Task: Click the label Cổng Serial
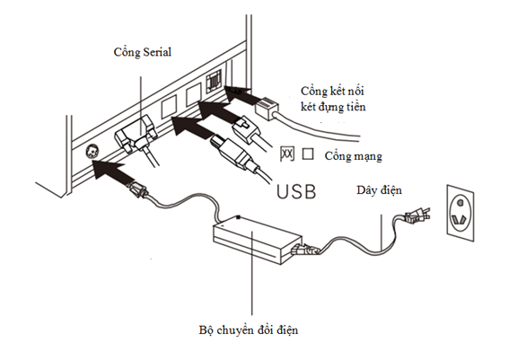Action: tap(143, 52)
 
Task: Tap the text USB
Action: tap(296, 191)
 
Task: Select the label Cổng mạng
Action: tap(353, 156)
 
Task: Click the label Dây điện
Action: tap(379, 190)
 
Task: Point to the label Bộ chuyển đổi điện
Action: tap(249, 330)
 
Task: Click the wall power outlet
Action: tap(460, 213)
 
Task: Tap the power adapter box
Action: tap(258, 240)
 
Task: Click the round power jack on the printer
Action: tap(92, 152)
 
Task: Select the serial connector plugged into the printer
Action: tap(136, 136)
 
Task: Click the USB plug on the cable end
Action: tap(231, 153)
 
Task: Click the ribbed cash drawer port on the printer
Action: tap(213, 82)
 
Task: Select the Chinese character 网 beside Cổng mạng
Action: tap(287, 154)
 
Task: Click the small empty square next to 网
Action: tap(308, 154)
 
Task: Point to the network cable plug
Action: tap(246, 128)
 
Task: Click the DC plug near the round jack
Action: tap(138, 189)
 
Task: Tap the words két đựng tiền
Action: tap(333, 107)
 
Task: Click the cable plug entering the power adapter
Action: tap(305, 250)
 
